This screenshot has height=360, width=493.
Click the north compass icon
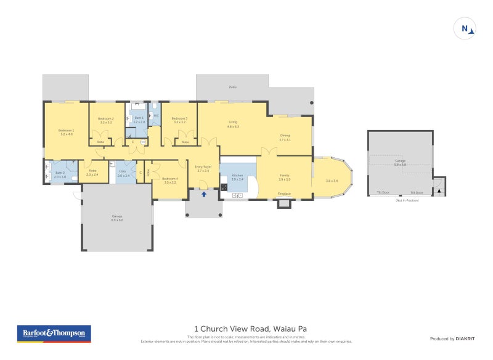[466, 29]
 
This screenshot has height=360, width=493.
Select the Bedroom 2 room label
[106, 120]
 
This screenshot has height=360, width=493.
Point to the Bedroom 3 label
[179, 120]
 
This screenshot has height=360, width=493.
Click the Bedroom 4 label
[169, 180]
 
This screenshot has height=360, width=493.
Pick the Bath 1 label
[139, 120]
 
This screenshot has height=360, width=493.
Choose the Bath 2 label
[59, 174]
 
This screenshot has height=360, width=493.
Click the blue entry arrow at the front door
[203, 194]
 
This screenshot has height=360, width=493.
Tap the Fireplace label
[284, 194]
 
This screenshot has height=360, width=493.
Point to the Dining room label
[285, 137]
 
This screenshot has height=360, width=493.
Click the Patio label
[232, 88]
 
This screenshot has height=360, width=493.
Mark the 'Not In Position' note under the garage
[407, 200]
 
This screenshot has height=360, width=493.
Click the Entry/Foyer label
[203, 168]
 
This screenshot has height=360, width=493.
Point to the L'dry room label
[123, 174]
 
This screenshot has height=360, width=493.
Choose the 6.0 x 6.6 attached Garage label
[117, 218]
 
